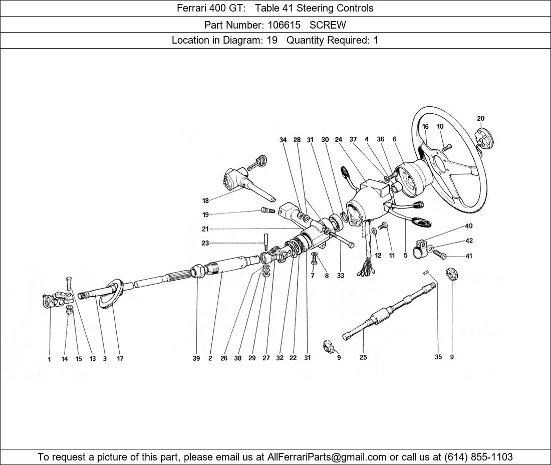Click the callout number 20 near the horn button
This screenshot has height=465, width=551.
tap(480, 119)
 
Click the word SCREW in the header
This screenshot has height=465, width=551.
tap(328, 25)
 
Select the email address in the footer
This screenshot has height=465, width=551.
tap(327, 457)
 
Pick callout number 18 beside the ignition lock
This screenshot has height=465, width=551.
tap(205, 201)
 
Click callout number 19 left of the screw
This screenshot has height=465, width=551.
tap(205, 215)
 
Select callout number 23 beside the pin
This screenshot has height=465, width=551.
tap(205, 243)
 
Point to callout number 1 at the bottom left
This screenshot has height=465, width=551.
tap(50, 359)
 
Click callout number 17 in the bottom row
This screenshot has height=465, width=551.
tap(120, 359)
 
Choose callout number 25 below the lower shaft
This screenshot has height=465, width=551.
tap(363, 357)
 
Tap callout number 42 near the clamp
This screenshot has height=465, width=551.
tap(468, 241)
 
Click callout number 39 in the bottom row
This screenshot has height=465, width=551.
tap(196, 359)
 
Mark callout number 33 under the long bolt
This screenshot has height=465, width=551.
tap(341, 276)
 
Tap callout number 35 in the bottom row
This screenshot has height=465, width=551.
tap(438, 357)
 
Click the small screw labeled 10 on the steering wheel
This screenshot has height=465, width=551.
tap(446, 147)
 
